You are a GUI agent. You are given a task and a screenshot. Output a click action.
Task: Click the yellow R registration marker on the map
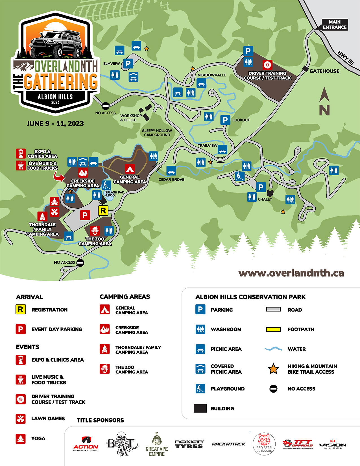103,210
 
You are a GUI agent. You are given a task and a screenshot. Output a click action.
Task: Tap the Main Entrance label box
335,25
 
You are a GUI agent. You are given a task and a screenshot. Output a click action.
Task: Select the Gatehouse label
324,71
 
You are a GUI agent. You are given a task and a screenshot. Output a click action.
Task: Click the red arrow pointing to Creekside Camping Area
59,177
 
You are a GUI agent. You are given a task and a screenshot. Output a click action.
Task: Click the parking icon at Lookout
225,120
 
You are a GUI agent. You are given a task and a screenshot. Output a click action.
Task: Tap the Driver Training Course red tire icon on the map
267,65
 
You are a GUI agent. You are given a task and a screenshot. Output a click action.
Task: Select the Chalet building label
265,199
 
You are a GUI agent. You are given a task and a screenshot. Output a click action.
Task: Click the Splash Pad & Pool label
115,194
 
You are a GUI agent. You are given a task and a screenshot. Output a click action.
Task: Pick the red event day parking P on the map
85,215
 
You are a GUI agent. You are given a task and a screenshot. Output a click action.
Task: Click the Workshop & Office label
131,118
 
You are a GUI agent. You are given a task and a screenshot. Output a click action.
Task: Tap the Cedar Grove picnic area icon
171,171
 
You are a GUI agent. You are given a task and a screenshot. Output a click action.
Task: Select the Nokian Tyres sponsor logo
189,444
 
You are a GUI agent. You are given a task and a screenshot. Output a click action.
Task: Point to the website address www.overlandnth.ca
291,273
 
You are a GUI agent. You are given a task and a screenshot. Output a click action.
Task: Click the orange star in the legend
273,369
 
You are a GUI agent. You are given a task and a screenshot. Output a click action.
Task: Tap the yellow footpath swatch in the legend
273,329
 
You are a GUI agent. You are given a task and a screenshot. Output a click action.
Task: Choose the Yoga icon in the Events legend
21,439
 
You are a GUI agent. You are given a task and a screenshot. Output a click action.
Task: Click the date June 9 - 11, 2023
55,124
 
